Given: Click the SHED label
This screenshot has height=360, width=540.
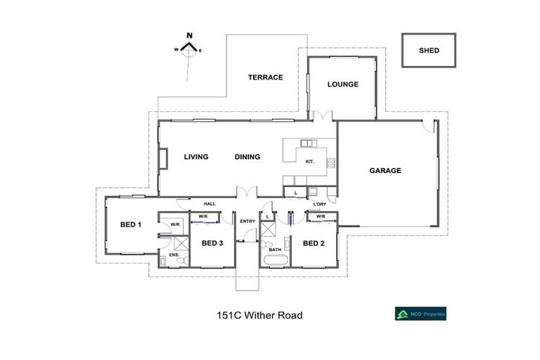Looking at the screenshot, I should [429, 51].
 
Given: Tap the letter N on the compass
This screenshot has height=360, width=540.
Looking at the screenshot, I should [189, 35].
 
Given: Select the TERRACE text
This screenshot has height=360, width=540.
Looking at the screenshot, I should [265, 77].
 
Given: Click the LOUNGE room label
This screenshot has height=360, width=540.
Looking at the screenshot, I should [343, 84].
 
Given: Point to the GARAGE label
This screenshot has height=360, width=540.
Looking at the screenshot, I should [385, 170].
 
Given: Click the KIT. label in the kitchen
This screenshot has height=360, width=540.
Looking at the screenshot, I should [310, 162].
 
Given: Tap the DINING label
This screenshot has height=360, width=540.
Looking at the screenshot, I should [247, 157].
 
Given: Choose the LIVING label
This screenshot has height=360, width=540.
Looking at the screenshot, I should [196, 157].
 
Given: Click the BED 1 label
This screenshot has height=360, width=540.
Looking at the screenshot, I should [131, 224].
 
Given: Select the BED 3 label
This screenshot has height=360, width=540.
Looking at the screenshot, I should [212, 243].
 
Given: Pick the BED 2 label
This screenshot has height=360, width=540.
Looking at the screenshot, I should [313, 243].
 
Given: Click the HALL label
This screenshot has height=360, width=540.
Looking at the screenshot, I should [210, 204].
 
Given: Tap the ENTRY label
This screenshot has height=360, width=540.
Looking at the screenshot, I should [247, 221].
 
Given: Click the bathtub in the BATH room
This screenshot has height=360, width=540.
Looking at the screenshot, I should [274, 262].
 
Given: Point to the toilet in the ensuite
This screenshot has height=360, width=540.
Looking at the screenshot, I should [181, 262].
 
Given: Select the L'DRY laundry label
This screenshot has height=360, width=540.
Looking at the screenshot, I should [321, 205].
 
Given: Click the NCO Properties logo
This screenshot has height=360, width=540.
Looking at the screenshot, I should [420, 315].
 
